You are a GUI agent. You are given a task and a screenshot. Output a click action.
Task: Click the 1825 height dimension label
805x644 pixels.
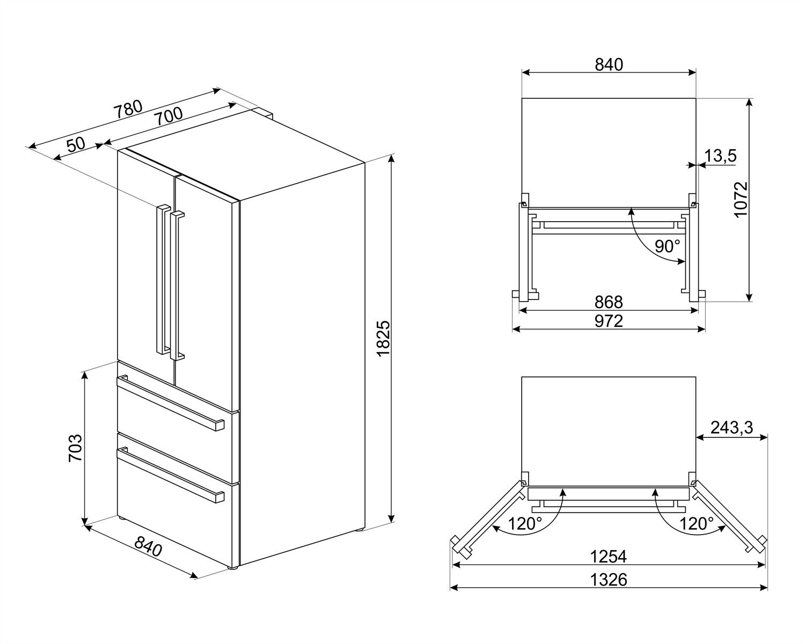click(382, 339)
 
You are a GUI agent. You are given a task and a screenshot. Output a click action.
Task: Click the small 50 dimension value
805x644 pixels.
click(76, 144)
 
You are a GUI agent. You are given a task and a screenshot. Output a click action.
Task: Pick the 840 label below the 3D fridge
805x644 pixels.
click(148, 547)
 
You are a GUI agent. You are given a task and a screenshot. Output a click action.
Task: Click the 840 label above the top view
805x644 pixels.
click(609, 64)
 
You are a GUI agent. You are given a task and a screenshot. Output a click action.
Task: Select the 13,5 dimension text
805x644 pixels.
click(720, 156)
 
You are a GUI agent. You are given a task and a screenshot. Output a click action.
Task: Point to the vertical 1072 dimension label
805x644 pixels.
click(741, 200)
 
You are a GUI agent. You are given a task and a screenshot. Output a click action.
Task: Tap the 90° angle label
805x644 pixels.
click(667, 246)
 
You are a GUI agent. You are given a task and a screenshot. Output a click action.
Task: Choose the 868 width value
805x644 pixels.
click(609, 302)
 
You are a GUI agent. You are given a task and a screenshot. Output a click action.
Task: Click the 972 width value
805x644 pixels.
click(609, 320)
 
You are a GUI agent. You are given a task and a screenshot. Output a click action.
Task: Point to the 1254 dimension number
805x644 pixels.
click(609, 557)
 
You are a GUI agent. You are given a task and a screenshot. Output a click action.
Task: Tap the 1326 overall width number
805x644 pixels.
click(609, 580)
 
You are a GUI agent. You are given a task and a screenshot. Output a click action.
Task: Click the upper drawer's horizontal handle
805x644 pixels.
click(171, 402)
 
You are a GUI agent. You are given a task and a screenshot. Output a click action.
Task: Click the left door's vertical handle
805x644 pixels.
click(160, 279)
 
